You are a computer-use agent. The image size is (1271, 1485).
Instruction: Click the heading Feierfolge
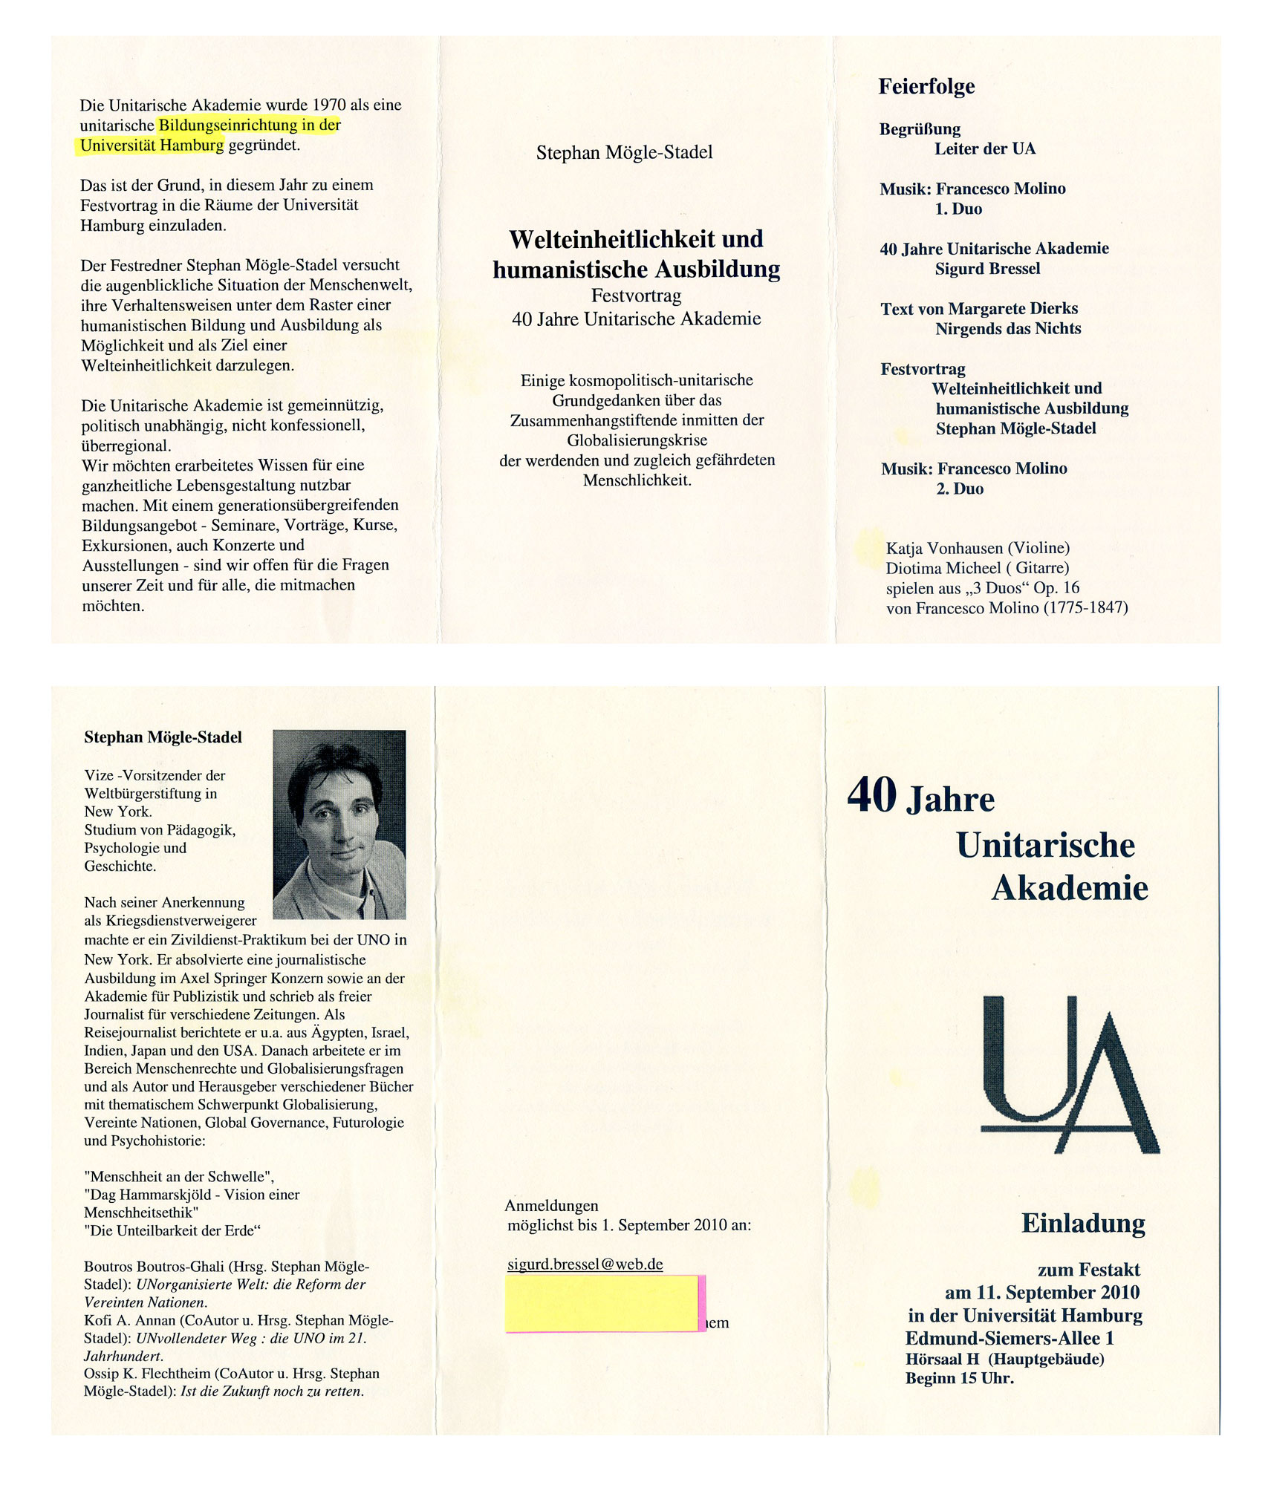(x=926, y=87)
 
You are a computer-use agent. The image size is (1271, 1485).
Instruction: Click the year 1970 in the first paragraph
(x=329, y=105)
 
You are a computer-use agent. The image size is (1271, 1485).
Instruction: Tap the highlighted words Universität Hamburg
(x=152, y=146)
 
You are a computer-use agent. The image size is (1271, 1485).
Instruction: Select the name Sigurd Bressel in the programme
(x=987, y=269)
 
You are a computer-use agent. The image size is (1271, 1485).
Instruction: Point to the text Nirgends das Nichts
(x=1008, y=329)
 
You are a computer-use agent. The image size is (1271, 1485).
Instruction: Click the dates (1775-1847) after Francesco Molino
(x=1085, y=608)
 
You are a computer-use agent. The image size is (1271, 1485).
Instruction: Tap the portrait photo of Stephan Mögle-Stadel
(x=339, y=824)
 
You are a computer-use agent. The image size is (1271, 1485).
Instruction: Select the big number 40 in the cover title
(x=872, y=795)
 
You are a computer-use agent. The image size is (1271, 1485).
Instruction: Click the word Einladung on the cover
(x=1083, y=1223)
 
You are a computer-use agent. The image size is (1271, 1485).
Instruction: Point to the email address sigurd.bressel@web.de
(x=585, y=1264)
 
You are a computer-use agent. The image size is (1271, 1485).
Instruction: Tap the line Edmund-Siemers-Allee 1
(x=1010, y=1338)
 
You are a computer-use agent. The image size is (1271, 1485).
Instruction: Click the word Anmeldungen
(x=551, y=1206)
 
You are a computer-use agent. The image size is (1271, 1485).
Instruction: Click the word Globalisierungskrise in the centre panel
(x=637, y=440)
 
